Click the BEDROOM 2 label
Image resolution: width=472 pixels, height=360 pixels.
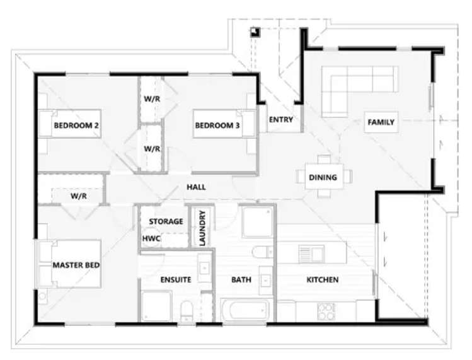76,125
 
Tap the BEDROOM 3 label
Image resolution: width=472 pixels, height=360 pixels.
217,125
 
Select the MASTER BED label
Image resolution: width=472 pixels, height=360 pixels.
76,265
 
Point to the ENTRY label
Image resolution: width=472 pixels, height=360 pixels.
280,120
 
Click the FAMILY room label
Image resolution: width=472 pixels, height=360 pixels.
381,122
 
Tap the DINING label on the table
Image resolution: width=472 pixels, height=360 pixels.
322,177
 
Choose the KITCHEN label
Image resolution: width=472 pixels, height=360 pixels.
323,279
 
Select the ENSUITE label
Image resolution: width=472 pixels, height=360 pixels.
175,279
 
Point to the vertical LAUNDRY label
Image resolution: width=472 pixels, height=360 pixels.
202,228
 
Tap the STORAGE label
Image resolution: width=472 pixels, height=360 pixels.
166,221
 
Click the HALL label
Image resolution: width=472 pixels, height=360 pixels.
196,187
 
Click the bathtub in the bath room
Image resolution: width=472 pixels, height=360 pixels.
245,311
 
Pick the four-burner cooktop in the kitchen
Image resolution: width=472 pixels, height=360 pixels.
326,310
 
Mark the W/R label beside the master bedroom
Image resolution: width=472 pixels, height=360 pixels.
78,196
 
